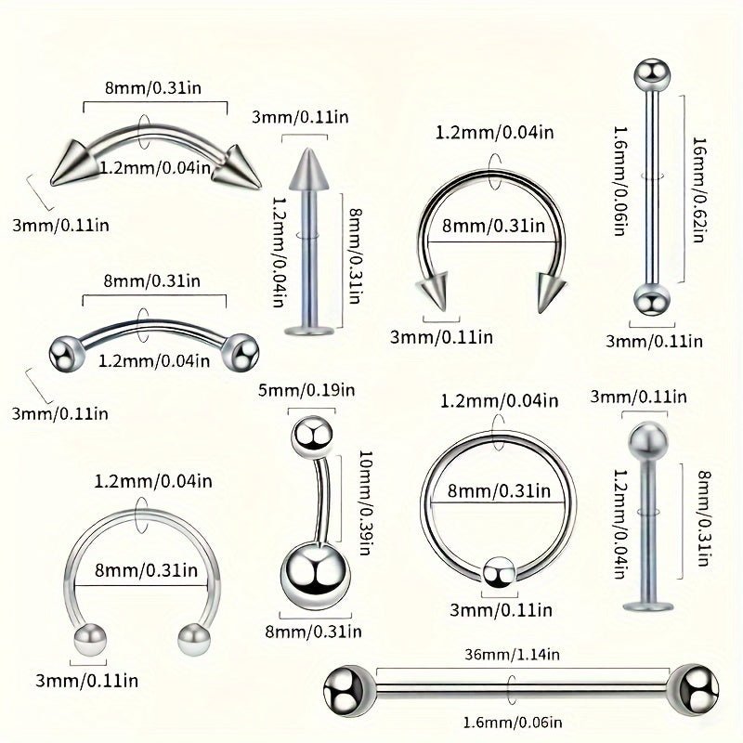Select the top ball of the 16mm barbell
coord(650,73)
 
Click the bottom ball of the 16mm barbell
coord(650,301)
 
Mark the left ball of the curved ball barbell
coord(65,351)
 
